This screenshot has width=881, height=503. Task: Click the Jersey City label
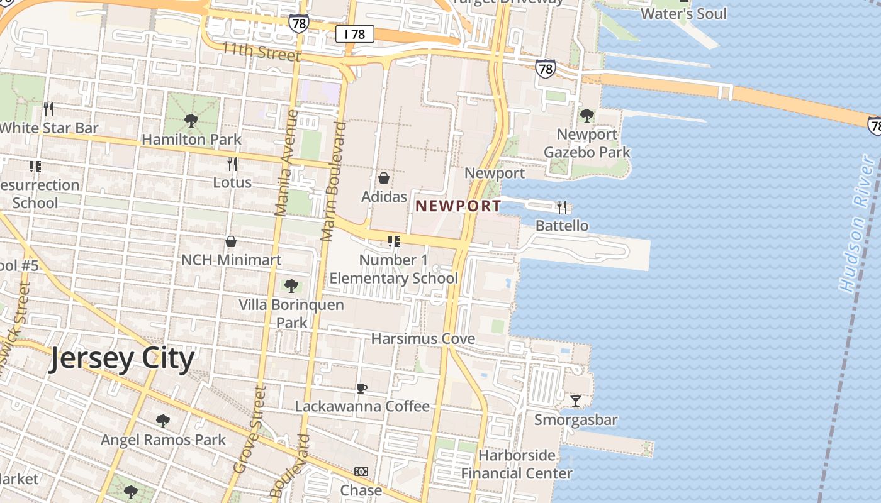click(122, 359)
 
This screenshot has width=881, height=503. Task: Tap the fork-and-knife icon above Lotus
click(232, 164)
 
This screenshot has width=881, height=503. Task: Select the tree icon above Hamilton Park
click(191, 121)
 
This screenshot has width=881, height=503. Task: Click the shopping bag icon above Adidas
click(384, 178)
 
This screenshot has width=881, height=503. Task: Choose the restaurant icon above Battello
click(562, 207)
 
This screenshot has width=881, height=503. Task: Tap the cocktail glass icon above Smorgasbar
click(575, 401)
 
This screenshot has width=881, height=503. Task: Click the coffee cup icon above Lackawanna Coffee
click(361, 388)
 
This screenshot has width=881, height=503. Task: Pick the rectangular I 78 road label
click(355, 34)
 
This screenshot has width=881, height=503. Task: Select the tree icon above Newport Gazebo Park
click(586, 115)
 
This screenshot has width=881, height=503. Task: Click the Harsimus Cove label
click(423, 339)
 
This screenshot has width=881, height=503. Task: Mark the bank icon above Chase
click(361, 472)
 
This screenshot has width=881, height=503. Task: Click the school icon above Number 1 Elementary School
click(394, 241)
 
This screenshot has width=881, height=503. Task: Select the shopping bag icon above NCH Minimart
click(231, 241)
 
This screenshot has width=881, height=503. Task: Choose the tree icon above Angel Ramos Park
click(162, 421)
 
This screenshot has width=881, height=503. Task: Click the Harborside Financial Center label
click(517, 464)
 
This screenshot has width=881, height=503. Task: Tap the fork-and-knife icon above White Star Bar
click(48, 109)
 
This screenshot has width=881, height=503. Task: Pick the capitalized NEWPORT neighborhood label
click(458, 206)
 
